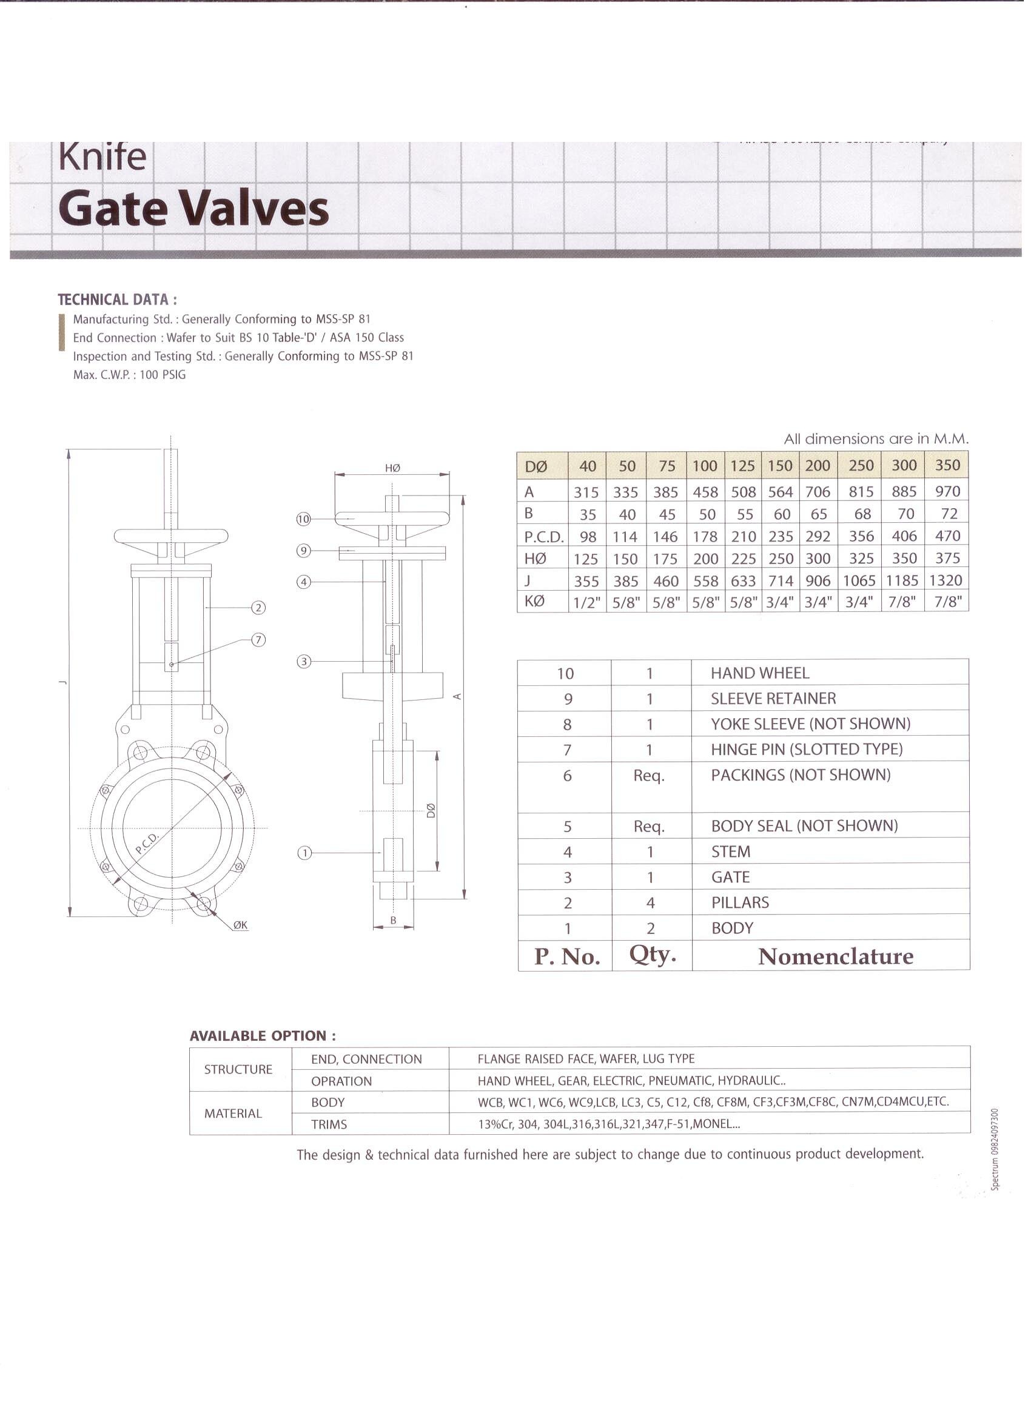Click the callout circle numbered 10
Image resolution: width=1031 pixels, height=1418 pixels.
(303, 519)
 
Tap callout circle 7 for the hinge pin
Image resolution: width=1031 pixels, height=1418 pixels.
(258, 640)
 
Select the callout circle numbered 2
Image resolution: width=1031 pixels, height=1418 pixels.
(258, 608)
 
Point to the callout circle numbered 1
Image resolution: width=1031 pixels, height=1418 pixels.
(304, 853)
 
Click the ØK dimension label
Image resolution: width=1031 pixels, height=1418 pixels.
(241, 925)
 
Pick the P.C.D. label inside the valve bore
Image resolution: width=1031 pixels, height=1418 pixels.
(147, 844)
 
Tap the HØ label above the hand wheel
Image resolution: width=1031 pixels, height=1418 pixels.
(392, 468)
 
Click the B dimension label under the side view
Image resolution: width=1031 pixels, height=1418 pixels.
(393, 920)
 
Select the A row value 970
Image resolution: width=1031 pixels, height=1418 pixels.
(947, 491)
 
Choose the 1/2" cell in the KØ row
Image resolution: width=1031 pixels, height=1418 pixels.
(586, 603)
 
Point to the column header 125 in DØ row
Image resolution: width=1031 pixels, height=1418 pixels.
(742, 466)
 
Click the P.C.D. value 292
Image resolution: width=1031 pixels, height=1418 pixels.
(817, 536)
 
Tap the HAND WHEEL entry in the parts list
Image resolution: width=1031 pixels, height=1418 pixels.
(760, 673)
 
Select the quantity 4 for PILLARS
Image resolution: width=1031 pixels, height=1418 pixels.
(650, 903)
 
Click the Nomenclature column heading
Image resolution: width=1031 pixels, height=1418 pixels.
(835, 956)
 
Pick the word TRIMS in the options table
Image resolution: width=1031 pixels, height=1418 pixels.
(329, 1124)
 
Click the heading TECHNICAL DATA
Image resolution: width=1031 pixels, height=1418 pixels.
(117, 300)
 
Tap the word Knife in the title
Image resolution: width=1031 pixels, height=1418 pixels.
(102, 157)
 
